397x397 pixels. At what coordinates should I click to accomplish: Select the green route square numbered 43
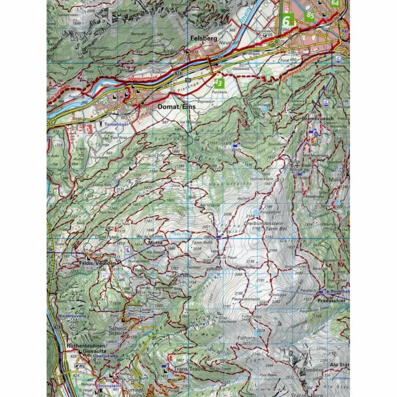click(219, 83)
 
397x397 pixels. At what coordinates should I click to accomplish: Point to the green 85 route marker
click(310, 16)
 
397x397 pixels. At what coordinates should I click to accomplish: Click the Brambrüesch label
click(318, 118)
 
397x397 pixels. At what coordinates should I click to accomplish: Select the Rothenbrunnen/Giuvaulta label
click(86, 348)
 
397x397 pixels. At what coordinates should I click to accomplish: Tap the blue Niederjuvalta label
click(72, 316)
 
